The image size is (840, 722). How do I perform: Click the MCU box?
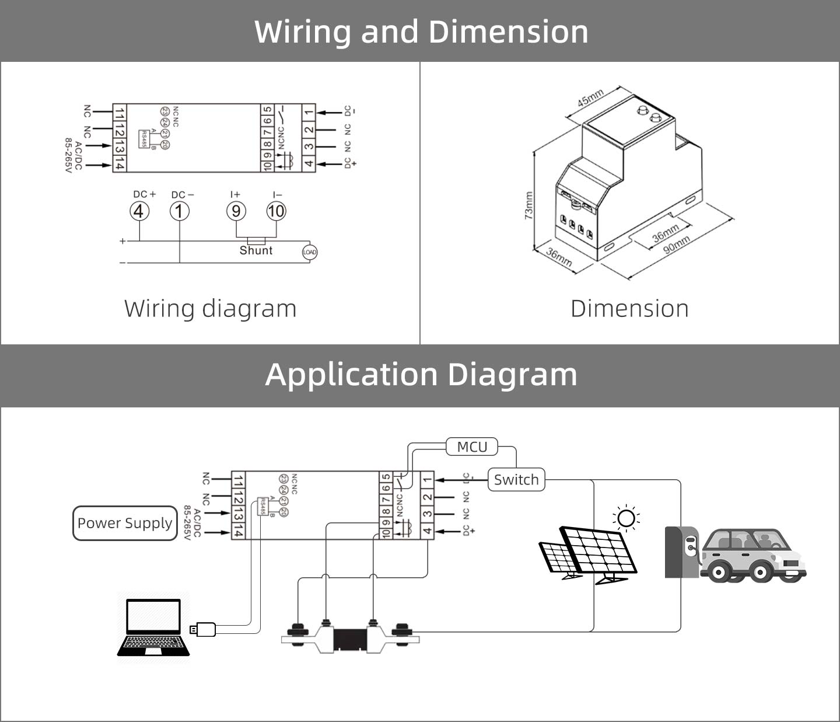(472, 447)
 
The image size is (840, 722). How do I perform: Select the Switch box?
(516, 480)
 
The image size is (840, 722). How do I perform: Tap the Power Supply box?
(125, 523)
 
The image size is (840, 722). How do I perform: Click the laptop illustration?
(153, 627)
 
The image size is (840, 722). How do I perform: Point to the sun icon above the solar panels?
(626, 518)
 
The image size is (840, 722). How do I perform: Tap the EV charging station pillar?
(681, 552)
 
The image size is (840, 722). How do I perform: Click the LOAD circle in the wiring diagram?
(309, 252)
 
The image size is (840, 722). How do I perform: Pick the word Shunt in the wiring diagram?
(256, 250)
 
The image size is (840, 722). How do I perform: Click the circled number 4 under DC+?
(139, 211)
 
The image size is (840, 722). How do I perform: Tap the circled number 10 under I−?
(276, 211)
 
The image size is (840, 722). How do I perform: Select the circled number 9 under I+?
(236, 211)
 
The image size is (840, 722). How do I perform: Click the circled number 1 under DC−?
(180, 211)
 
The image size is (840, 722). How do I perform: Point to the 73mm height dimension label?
(528, 205)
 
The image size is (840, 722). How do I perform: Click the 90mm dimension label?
(677, 245)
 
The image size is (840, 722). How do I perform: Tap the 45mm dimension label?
(590, 98)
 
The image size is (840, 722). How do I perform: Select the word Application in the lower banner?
(351, 374)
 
